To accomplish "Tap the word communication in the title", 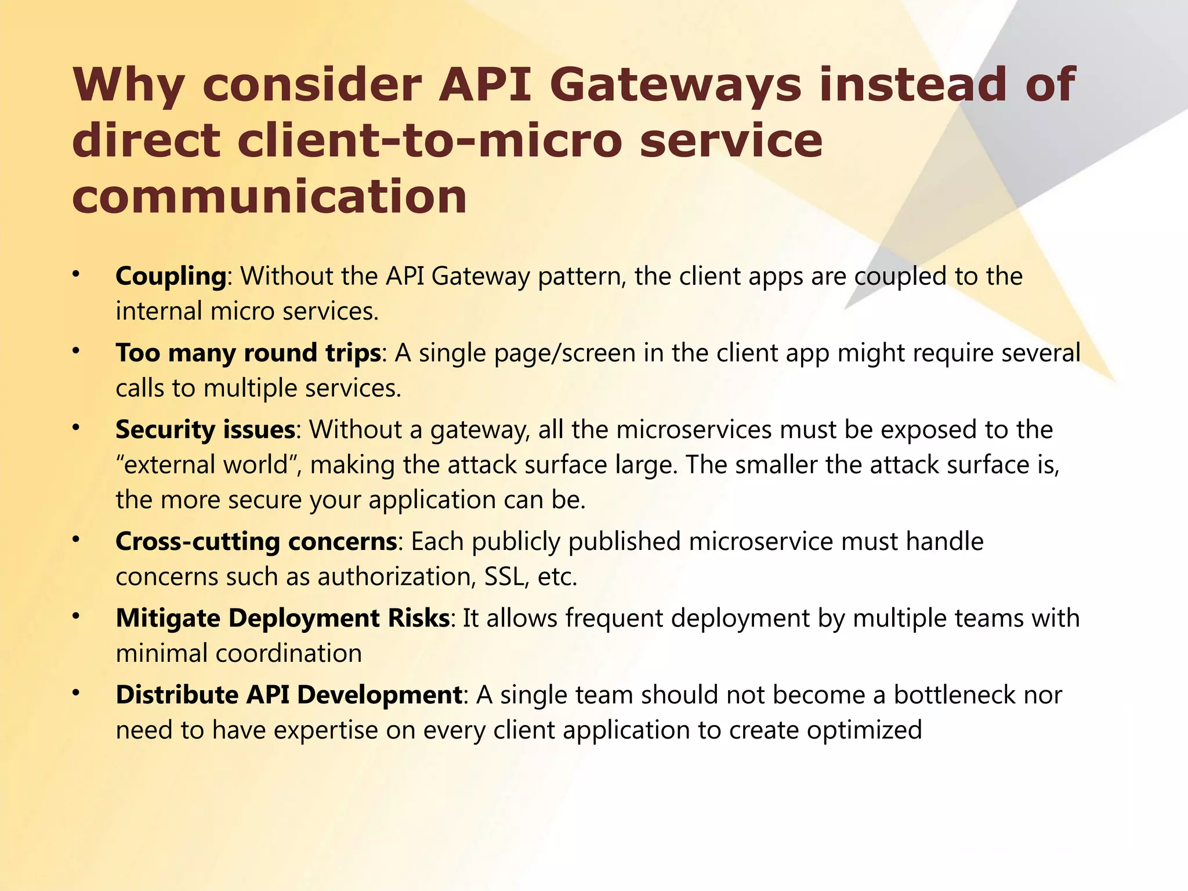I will pyautogui.click(x=269, y=196).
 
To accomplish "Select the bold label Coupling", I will pyautogui.click(x=171, y=276).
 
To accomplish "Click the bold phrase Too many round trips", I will pyautogui.click(x=248, y=353).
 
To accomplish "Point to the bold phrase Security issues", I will pyautogui.click(x=205, y=430).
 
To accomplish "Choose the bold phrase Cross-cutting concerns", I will pyautogui.click(x=256, y=542).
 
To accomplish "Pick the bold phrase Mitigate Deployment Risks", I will pyautogui.click(x=282, y=618).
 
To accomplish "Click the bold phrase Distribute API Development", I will pyautogui.click(x=289, y=695).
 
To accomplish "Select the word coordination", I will pyautogui.click(x=288, y=654).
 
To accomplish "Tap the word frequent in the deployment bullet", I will pyautogui.click(x=614, y=618).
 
